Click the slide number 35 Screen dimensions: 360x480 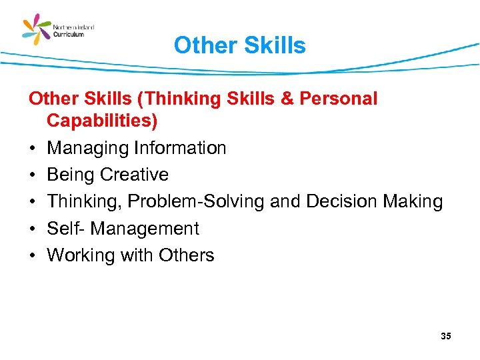point(446,336)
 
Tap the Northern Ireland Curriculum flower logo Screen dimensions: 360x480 point(37,30)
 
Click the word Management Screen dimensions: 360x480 point(145,229)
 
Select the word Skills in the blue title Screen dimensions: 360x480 point(275,46)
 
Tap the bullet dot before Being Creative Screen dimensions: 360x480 point(32,175)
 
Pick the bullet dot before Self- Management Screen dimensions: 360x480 point(32,229)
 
